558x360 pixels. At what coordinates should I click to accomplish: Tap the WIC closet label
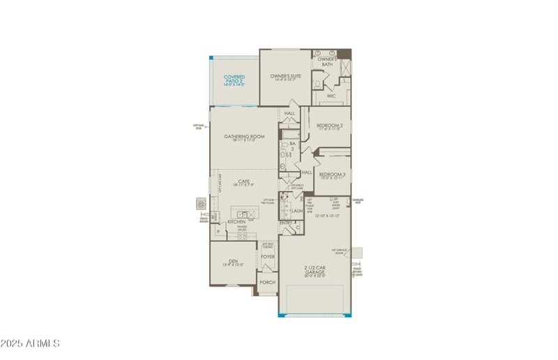tap(331, 96)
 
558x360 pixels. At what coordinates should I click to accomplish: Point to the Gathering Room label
tap(244, 137)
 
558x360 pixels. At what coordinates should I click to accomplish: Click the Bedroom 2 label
tap(329, 126)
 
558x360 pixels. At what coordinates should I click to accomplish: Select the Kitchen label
tap(236, 222)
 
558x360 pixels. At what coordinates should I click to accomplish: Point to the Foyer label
tap(268, 257)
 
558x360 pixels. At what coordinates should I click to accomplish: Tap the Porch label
tap(267, 283)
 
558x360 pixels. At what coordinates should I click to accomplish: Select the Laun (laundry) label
tap(296, 210)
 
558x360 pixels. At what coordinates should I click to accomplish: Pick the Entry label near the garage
tap(285, 223)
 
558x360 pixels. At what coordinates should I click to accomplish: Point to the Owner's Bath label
tap(328, 61)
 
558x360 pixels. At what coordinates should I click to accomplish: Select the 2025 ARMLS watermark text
tap(31, 343)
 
